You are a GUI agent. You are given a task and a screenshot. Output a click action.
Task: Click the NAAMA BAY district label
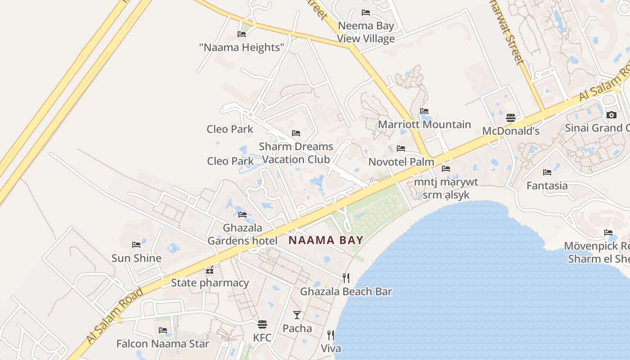click(x=325, y=240)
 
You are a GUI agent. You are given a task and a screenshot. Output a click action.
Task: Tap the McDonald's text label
click(x=511, y=131)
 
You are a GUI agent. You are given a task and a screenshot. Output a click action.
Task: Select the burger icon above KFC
click(x=262, y=324)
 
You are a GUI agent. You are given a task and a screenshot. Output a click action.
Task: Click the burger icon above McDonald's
click(x=511, y=118)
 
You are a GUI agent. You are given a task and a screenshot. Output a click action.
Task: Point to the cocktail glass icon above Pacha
click(x=297, y=315)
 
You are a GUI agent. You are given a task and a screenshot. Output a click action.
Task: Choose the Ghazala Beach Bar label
click(x=346, y=291)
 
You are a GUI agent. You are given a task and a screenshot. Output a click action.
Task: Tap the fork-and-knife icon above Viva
click(x=331, y=335)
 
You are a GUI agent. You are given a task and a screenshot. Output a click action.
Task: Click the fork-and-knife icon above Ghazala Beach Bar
click(x=346, y=278)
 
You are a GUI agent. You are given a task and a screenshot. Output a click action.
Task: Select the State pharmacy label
click(x=210, y=283)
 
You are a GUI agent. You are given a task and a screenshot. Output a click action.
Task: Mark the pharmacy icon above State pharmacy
click(x=210, y=270)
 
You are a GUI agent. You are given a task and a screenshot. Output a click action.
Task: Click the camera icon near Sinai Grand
click(x=611, y=115)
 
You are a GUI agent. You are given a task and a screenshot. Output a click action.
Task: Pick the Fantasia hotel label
click(x=547, y=185)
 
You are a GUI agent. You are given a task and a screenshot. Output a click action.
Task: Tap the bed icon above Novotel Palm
click(x=401, y=148)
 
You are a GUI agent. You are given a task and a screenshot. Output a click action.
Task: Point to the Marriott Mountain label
click(x=424, y=124)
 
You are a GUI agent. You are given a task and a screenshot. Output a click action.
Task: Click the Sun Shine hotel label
click(x=136, y=258)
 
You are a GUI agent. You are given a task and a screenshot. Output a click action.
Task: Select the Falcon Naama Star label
click(x=163, y=344)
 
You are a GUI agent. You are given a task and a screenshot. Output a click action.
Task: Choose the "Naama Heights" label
click(x=242, y=47)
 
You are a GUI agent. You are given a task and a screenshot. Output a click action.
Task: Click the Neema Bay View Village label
click(x=366, y=32)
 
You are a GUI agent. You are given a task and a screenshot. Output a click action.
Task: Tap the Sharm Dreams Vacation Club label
click(x=296, y=153)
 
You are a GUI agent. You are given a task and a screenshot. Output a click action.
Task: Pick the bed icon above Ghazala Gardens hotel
click(x=243, y=215)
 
